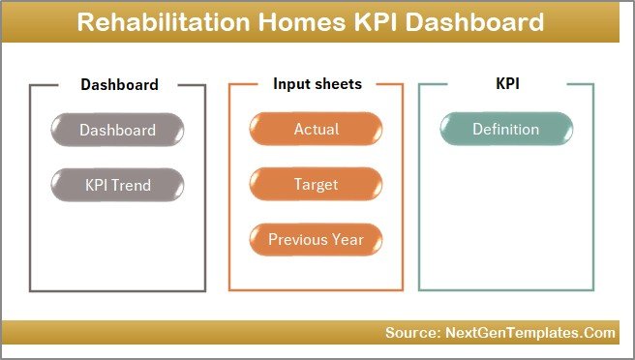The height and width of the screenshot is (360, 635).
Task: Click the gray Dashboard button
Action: [117, 130]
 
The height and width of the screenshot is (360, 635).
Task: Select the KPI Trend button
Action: [117, 184]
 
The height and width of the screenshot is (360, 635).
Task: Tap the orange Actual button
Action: [316, 130]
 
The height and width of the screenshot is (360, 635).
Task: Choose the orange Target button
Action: [316, 184]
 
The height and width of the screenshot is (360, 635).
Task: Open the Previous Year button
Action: [316, 239]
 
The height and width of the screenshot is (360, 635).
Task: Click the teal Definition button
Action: [505, 130]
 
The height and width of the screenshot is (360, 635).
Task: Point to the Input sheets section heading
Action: [317, 84]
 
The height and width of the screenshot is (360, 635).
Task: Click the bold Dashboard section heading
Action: [118, 84]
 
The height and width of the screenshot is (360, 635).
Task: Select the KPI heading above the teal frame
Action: [506, 84]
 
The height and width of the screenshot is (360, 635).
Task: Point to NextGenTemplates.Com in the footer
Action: [529, 333]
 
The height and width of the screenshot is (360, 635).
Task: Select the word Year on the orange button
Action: [348, 239]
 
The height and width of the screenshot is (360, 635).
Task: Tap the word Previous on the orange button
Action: [298, 239]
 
